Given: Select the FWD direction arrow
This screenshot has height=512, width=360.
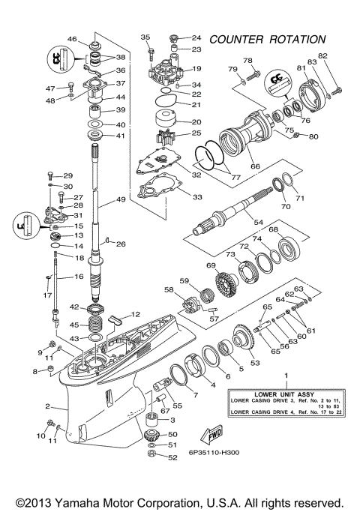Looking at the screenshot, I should [x=208, y=437].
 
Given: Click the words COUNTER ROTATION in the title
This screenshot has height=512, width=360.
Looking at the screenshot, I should [x=268, y=39].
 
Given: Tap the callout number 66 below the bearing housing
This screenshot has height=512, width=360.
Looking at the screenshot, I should [x=255, y=166].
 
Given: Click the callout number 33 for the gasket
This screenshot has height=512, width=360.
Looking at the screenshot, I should [x=197, y=197].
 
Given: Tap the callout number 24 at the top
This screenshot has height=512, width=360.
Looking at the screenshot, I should [x=196, y=37].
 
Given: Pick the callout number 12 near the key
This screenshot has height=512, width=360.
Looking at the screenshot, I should [x=136, y=314].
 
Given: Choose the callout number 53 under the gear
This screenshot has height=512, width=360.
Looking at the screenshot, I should [x=254, y=363].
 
